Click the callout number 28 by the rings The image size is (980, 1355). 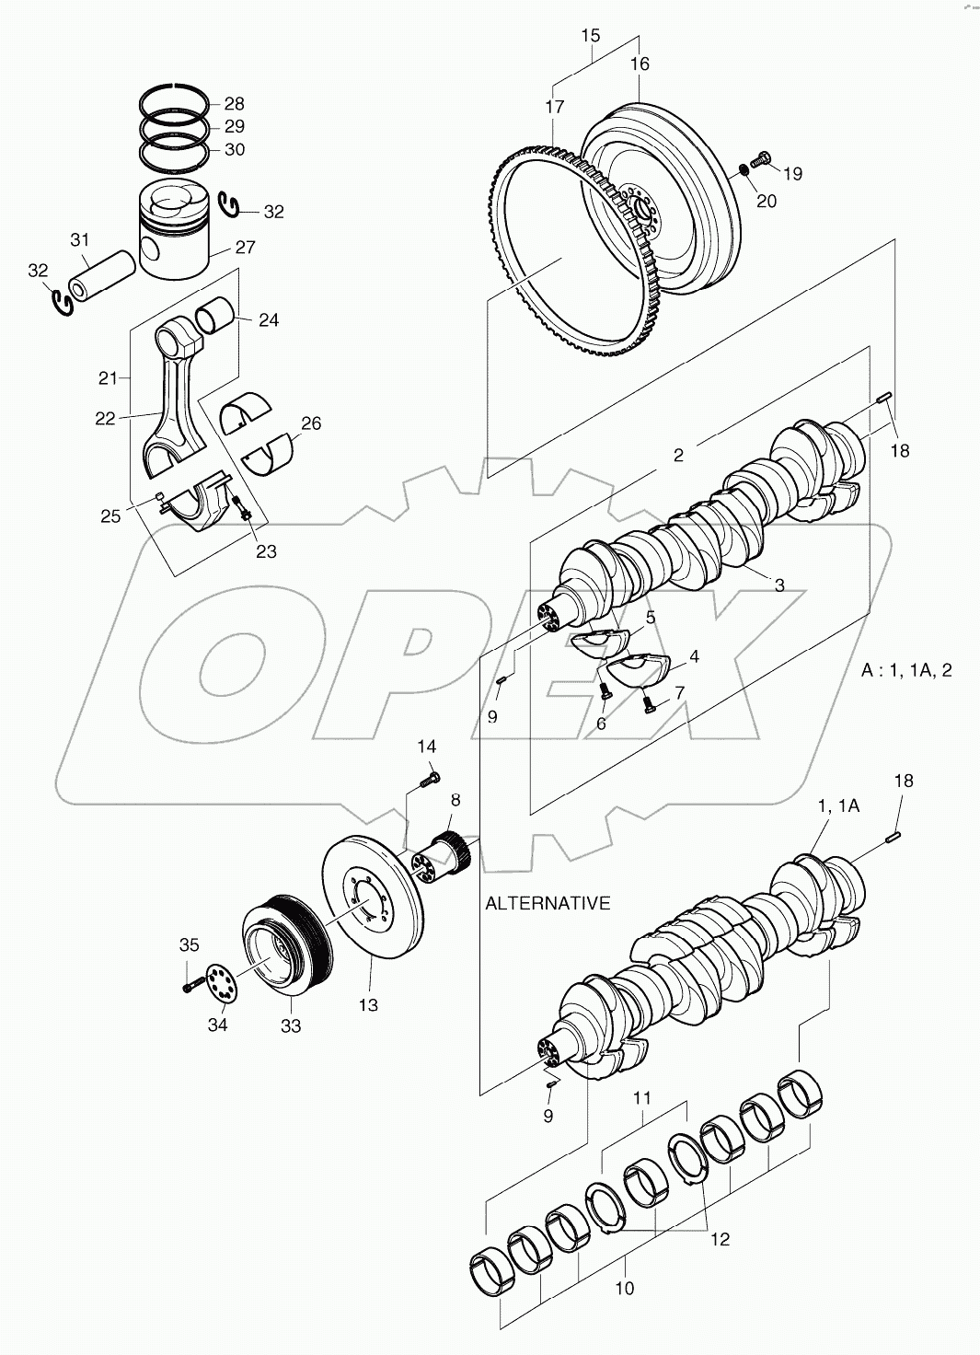[234, 103]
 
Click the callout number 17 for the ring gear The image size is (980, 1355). [554, 107]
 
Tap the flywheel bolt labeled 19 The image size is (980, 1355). [762, 161]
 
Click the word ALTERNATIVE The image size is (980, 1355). [548, 903]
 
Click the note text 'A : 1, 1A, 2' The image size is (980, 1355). [905, 669]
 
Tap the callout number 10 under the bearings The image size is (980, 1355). [624, 1289]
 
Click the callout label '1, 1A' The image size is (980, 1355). [838, 805]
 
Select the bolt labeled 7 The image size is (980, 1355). [648, 705]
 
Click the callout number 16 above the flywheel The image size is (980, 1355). [640, 64]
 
